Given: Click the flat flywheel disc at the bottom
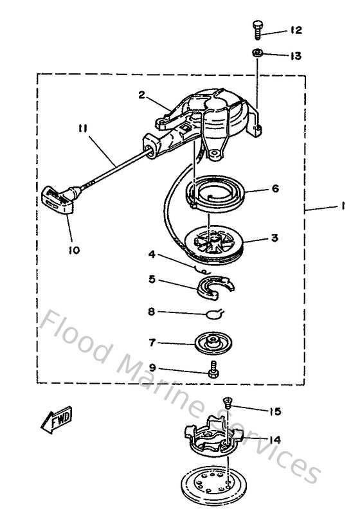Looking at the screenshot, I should click(213, 483).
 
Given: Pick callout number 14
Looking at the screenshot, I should click(274, 440).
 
